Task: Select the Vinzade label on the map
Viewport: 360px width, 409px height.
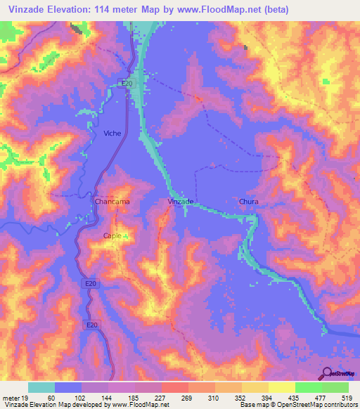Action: (181, 201)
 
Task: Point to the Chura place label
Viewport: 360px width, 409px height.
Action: (249, 202)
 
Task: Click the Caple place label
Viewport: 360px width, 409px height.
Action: (112, 235)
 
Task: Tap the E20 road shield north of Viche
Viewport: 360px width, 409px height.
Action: (127, 83)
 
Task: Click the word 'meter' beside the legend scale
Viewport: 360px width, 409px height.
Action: (11, 397)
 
